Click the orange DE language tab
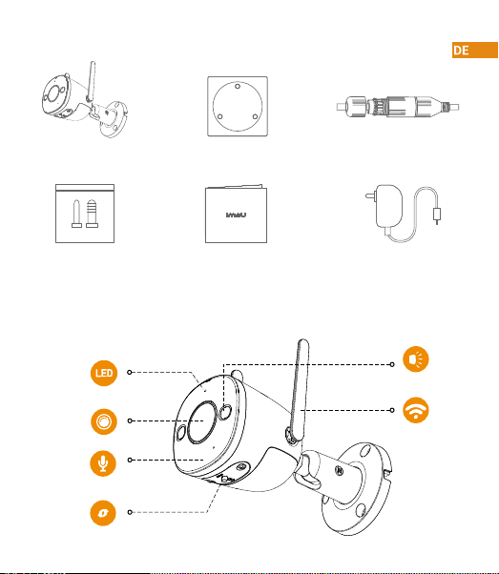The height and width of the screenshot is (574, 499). pos(475,51)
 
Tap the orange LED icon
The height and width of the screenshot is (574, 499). pos(104,373)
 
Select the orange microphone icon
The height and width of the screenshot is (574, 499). pos(103,463)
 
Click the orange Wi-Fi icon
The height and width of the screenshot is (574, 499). pos(415,410)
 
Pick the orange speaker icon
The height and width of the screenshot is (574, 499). pos(415,359)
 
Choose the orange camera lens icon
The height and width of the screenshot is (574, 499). pos(104,421)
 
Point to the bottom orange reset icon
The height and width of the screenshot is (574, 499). pos(103,513)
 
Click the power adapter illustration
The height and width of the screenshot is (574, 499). pos(404,213)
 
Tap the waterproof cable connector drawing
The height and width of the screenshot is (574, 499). pos(398,107)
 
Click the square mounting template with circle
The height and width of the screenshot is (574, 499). pos(238,106)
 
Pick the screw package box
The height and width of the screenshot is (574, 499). pos(85,214)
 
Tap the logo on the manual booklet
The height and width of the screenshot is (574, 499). pos(236,215)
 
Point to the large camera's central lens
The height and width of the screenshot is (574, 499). pos(202,422)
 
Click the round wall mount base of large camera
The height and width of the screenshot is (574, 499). pos(357,489)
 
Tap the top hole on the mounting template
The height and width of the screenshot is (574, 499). pos(238,87)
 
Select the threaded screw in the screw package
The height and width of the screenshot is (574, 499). pos(92,214)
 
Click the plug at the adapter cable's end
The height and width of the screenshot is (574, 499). pos(437,215)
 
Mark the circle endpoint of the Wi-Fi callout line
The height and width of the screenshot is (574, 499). pos(392,410)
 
